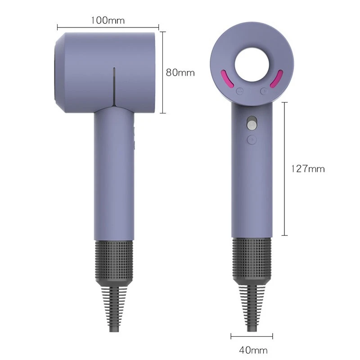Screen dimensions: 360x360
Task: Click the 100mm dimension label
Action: coord(108,20)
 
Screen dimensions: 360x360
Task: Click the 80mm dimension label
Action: coord(180,72)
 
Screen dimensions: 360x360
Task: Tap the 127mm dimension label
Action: coord(308,169)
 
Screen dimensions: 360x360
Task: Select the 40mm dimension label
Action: coord(253,350)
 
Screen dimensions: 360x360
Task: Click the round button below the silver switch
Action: coord(252,139)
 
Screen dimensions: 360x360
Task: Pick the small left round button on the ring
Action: coord(240,91)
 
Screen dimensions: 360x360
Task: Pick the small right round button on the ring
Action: coord(264,91)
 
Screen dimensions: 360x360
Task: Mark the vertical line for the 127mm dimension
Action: coord(284,169)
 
